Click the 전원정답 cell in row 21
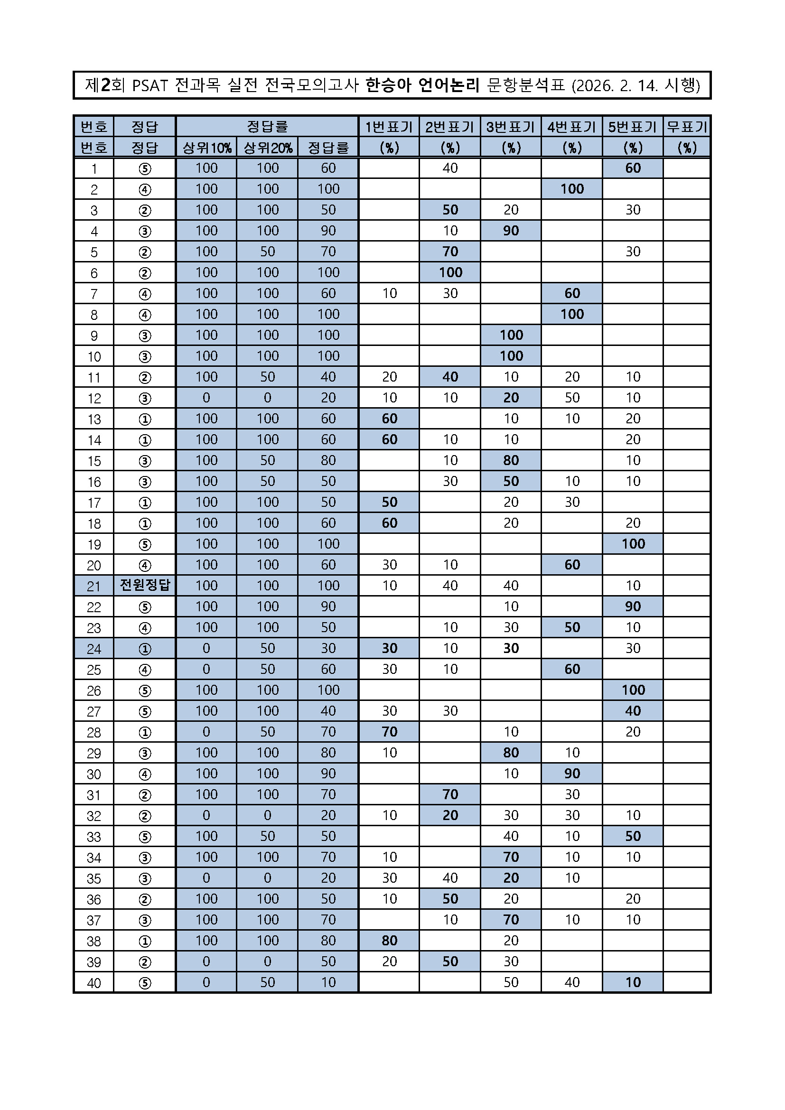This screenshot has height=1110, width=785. click(145, 586)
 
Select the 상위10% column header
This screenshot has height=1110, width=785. click(206, 148)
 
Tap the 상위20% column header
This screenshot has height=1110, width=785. click(267, 148)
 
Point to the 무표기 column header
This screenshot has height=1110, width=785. click(686, 127)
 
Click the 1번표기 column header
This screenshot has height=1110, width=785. click(389, 127)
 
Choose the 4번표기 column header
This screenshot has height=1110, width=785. click(572, 127)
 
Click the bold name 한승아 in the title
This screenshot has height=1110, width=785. click(388, 85)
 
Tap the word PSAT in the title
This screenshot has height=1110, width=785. click(150, 85)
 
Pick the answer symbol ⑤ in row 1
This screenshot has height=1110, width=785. click(145, 168)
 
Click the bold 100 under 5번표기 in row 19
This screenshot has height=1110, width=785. click(633, 544)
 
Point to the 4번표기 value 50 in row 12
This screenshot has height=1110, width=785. click(572, 398)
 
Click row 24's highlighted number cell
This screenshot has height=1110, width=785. click(94, 648)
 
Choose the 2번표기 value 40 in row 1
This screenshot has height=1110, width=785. click(450, 168)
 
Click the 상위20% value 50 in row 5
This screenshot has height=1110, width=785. click(267, 252)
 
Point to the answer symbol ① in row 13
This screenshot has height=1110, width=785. click(145, 419)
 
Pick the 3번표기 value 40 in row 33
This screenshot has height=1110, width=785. click(511, 836)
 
